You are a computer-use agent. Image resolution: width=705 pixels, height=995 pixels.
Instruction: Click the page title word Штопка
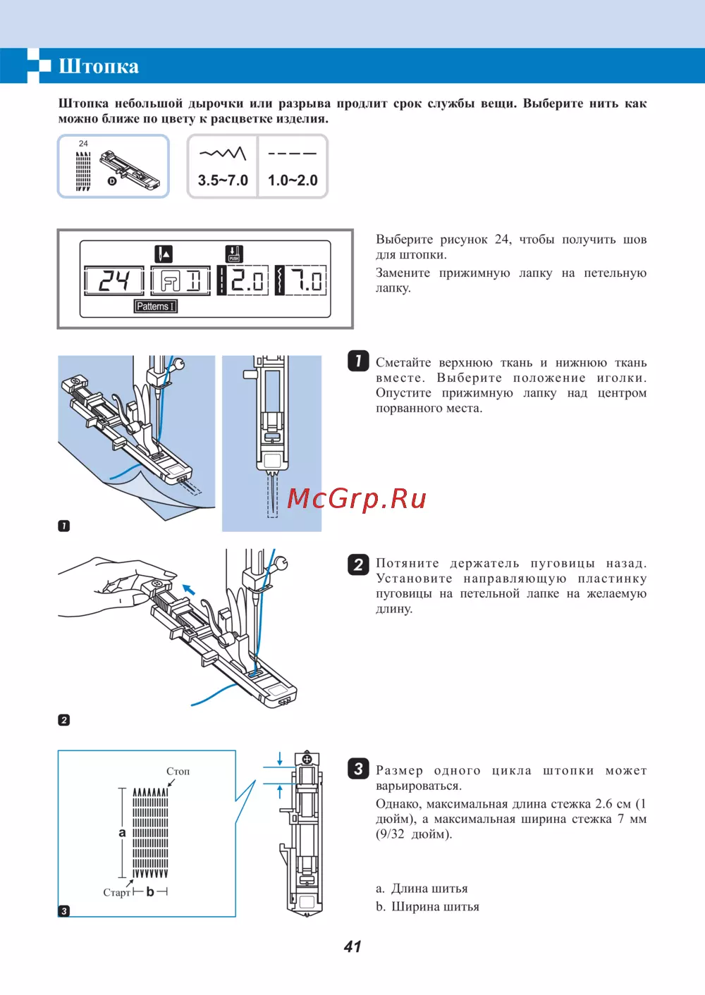click(99, 66)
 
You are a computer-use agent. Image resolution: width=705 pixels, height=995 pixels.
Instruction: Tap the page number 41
click(352, 946)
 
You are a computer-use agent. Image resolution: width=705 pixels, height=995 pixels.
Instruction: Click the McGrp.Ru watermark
click(357, 498)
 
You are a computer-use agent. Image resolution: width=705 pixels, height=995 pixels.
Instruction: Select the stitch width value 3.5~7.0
click(223, 180)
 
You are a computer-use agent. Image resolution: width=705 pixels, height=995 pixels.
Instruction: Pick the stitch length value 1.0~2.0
click(293, 180)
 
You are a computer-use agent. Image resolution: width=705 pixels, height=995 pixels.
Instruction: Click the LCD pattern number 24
click(114, 280)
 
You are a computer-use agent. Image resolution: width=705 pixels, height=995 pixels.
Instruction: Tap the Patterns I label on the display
click(155, 307)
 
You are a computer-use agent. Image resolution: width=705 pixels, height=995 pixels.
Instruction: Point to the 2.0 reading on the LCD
click(247, 280)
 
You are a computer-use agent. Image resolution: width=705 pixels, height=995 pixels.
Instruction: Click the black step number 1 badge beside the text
click(358, 361)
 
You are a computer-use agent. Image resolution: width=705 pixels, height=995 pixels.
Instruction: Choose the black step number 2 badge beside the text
click(358, 564)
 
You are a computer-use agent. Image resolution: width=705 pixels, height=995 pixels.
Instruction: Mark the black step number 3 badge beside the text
click(358, 768)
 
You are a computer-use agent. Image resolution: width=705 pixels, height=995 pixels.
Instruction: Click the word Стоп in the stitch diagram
click(178, 771)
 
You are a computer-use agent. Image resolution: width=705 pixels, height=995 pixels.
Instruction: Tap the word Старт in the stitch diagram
click(116, 893)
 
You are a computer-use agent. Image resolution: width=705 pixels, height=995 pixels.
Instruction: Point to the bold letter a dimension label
click(122, 833)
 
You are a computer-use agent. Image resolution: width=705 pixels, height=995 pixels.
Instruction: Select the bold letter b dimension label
click(150, 892)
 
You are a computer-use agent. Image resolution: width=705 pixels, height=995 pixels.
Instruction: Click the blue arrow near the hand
click(188, 589)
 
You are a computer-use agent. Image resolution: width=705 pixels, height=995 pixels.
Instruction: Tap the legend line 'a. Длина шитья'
click(422, 889)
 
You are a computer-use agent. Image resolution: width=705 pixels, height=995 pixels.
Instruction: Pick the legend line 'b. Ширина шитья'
click(427, 907)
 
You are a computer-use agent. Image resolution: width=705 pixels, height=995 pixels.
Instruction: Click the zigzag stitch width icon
click(223, 153)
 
